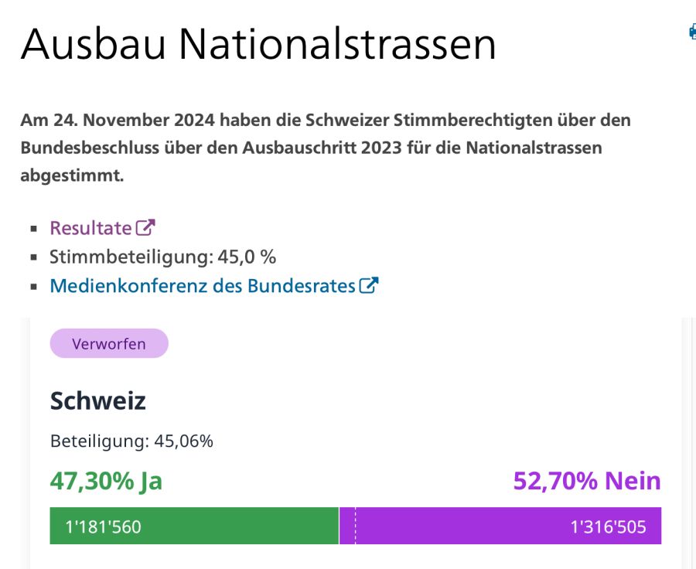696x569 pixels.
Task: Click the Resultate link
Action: pyautogui.click(x=90, y=228)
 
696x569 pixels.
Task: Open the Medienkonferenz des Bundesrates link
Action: pyautogui.click(x=202, y=286)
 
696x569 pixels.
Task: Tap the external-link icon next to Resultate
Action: pyautogui.click(x=145, y=227)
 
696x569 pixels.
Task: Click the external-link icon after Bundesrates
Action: pyautogui.click(x=369, y=285)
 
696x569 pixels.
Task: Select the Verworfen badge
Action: pyautogui.click(x=109, y=344)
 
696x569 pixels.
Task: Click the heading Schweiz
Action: pyautogui.click(x=98, y=400)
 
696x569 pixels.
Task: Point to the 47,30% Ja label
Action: pyautogui.click(x=106, y=481)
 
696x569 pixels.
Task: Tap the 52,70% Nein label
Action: pyautogui.click(x=587, y=481)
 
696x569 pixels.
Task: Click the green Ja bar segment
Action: pyautogui.click(x=232, y=526)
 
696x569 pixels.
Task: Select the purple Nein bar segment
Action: pyautogui.click(x=464, y=526)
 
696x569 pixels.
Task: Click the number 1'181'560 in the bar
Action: pyautogui.click(x=103, y=527)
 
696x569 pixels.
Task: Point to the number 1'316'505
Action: pyautogui.click(x=608, y=527)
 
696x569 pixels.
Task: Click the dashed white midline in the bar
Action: pyautogui.click(x=355, y=526)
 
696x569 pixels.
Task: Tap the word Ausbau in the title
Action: pyautogui.click(x=93, y=45)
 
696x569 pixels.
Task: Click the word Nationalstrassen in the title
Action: pyautogui.click(x=337, y=45)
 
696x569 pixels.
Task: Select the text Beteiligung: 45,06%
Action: pyautogui.click(x=131, y=441)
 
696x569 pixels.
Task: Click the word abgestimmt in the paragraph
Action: pyautogui.click(x=72, y=175)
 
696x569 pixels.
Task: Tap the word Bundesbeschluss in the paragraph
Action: pyautogui.click(x=87, y=148)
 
